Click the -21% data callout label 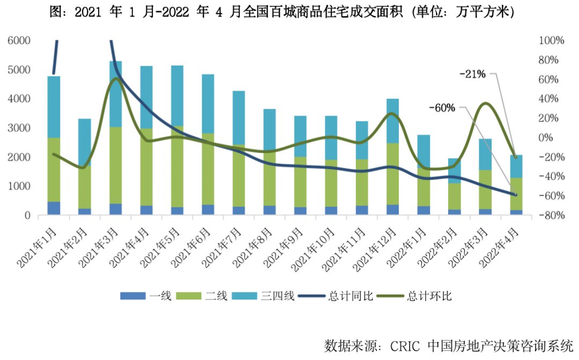click(472, 74)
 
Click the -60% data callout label click(442, 108)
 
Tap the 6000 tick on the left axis click(19, 41)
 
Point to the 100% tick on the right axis click(551, 41)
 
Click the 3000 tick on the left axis click(19, 128)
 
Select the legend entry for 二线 click(216, 296)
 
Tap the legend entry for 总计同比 click(347, 296)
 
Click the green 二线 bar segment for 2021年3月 click(116, 165)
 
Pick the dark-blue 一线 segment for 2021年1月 click(54, 208)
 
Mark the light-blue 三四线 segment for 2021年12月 click(393, 121)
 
